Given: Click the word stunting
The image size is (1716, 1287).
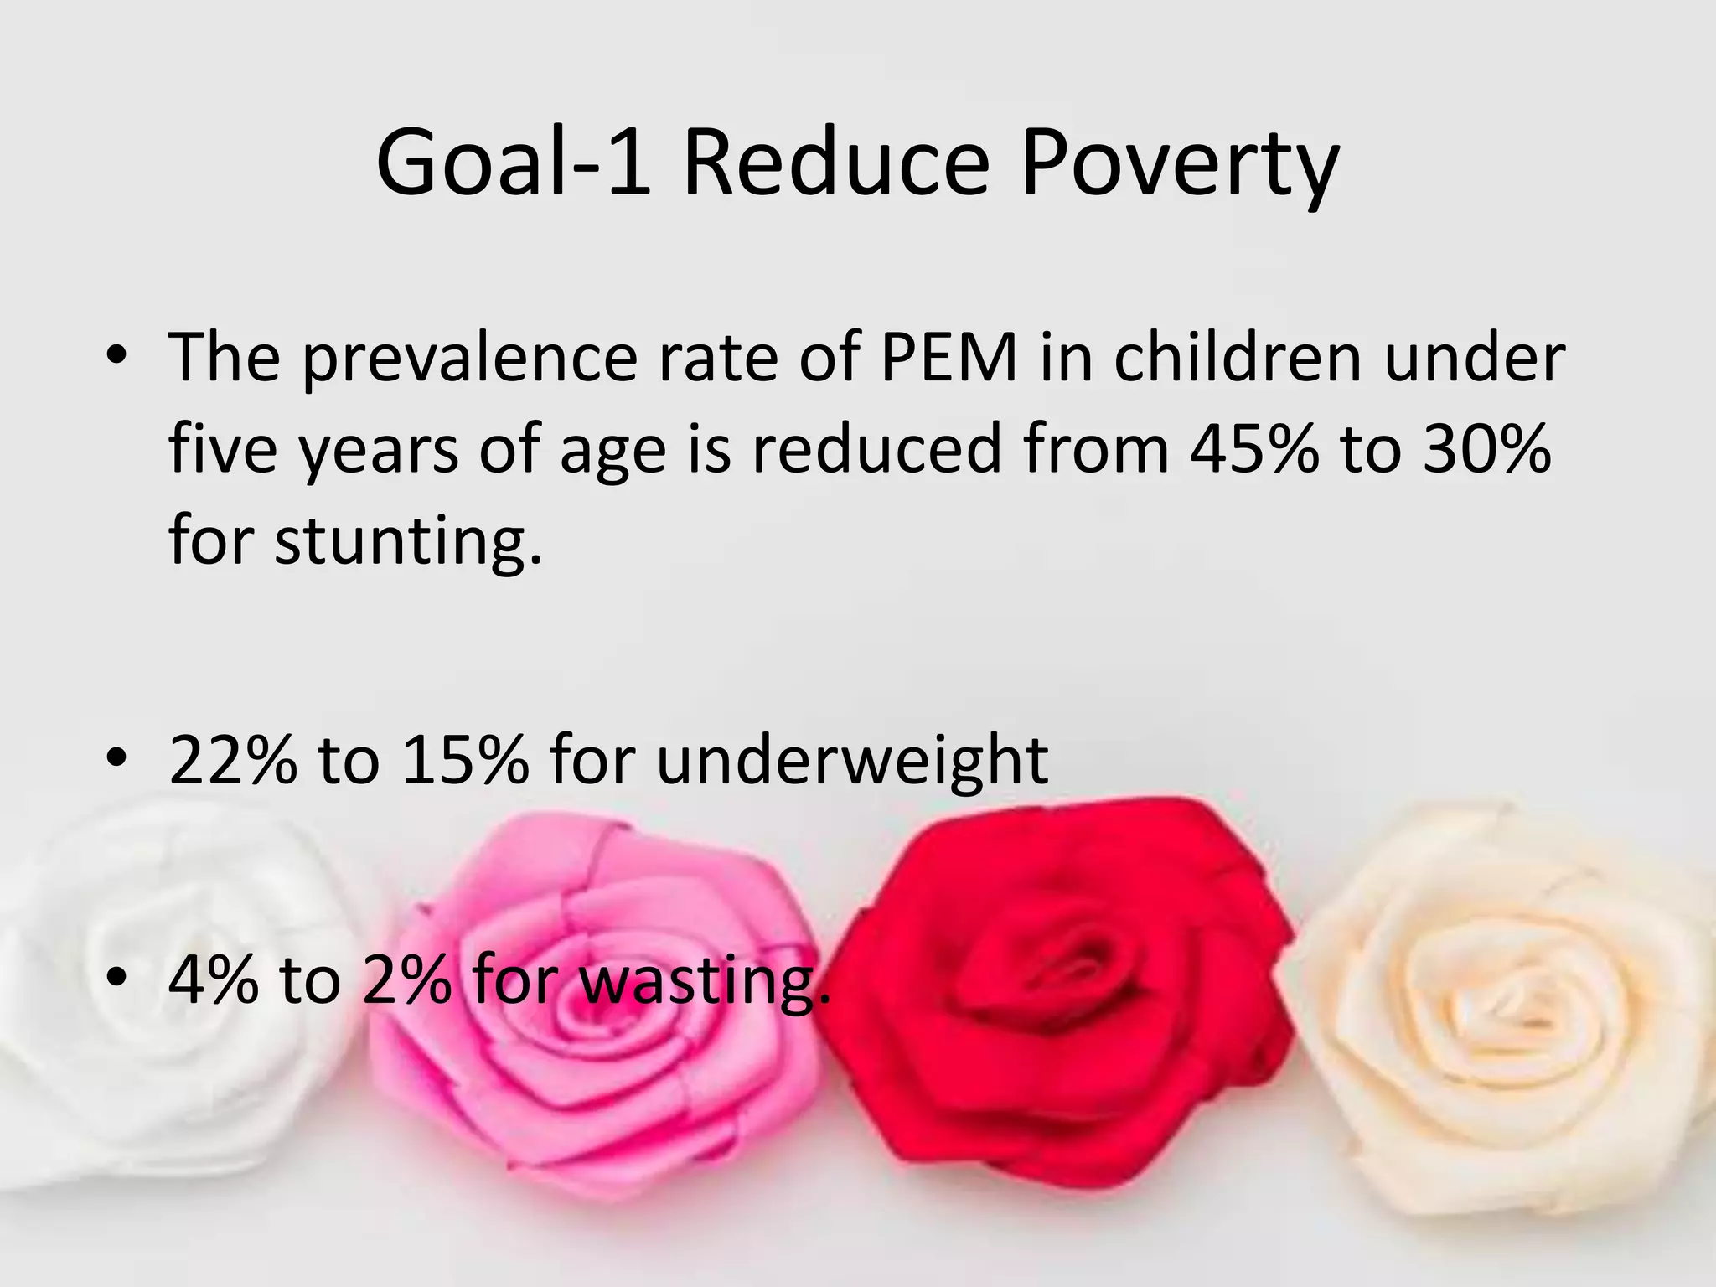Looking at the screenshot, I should (x=408, y=541).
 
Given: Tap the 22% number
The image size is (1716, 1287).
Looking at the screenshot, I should (x=233, y=759).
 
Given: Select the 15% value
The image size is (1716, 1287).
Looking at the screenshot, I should (x=465, y=759).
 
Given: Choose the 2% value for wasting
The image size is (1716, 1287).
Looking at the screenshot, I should (x=407, y=980).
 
